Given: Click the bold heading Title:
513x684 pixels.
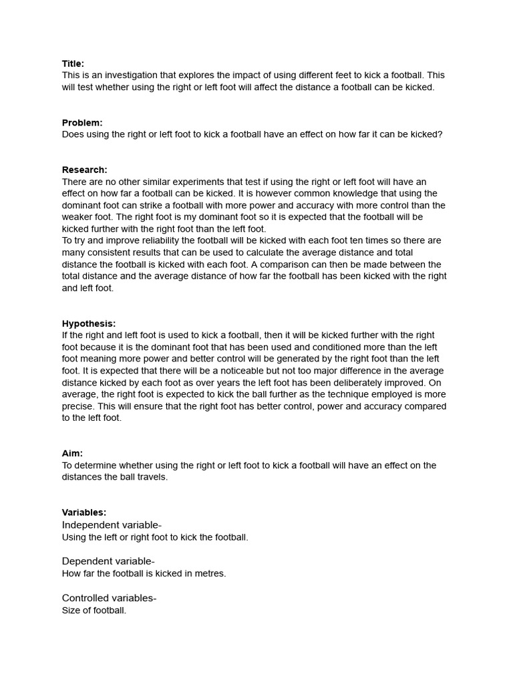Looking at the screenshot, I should [73, 64].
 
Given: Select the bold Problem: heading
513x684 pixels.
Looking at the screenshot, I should [82, 123].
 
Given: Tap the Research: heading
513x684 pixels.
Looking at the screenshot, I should [84, 170].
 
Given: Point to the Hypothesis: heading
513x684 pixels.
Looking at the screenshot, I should [89, 323].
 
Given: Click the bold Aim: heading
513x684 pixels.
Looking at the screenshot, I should [72, 454].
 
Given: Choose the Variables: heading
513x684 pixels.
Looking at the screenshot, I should [84, 512].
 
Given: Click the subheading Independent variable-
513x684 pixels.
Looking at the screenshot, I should [112, 525].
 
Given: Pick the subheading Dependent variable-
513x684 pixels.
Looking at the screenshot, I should [108, 561].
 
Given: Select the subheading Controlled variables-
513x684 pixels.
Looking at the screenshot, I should [109, 598].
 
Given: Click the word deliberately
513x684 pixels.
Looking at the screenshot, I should [356, 383].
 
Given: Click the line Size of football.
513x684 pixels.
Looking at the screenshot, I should [94, 611].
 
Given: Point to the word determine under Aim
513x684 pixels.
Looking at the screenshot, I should [96, 466].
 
